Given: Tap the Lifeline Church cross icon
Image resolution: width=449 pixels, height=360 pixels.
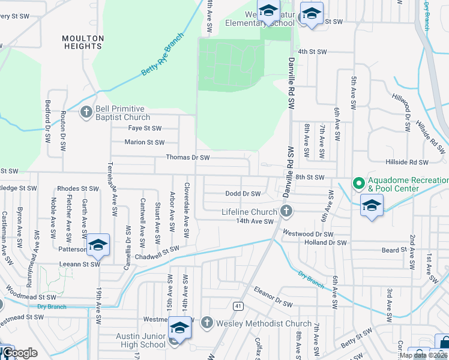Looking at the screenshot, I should pos(286,211).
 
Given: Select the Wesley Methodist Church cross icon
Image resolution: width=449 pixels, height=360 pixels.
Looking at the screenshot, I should pos(206,323).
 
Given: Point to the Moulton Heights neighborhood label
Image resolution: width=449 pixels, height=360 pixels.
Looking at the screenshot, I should pos(83,42).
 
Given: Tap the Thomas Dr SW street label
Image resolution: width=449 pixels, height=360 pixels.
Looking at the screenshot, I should pos(188,158).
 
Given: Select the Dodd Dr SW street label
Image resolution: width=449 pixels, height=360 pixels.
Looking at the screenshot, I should pos(243,194).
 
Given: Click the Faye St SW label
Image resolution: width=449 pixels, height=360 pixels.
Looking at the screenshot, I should pos(145,128).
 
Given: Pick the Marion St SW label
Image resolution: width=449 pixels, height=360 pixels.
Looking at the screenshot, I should pos(144,142).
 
